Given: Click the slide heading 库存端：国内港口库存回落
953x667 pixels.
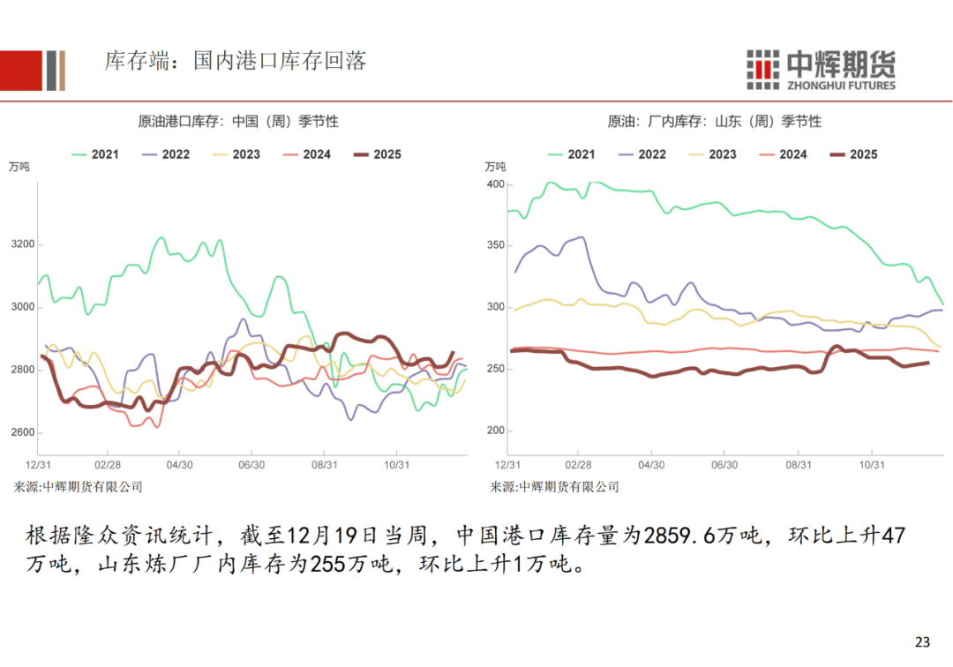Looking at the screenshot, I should (x=235, y=61).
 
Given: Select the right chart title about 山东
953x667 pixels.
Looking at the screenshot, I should (x=714, y=121).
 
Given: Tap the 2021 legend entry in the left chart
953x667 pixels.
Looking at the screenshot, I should (x=95, y=154).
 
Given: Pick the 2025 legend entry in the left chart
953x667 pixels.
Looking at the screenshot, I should (x=377, y=154).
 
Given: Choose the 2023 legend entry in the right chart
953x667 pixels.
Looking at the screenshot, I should (x=712, y=154).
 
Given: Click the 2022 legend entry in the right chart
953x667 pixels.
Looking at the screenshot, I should (x=642, y=154).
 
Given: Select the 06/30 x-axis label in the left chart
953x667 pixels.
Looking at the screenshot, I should (x=251, y=463).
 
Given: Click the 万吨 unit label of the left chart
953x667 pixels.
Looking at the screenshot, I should (x=19, y=167).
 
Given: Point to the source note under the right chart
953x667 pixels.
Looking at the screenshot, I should (x=554, y=486).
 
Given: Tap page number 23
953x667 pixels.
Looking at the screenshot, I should (x=923, y=641).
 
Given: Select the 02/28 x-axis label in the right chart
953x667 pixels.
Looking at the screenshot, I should (x=578, y=463).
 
